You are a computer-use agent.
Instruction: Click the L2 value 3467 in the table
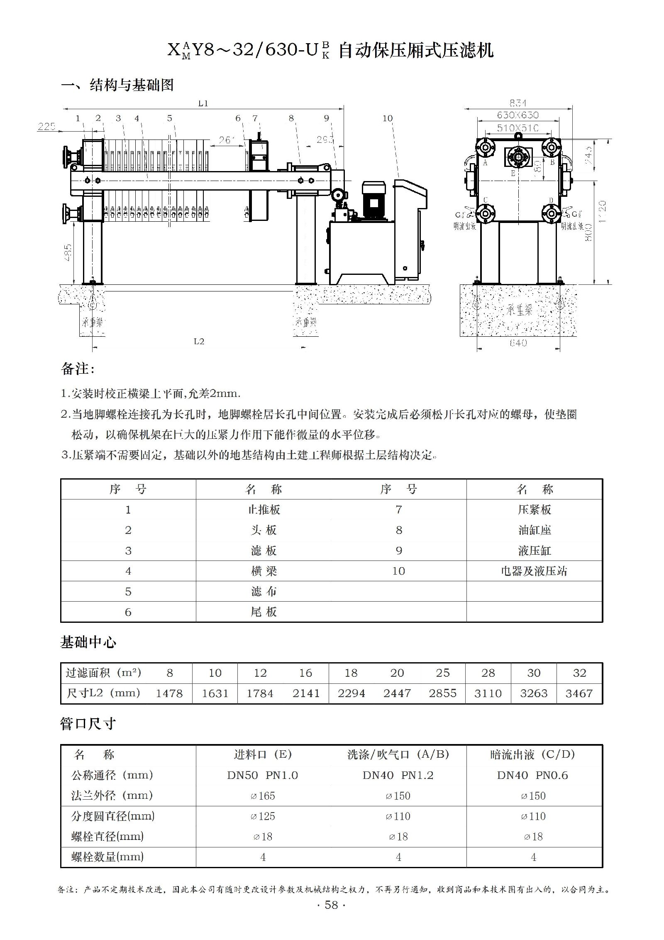click(579, 693)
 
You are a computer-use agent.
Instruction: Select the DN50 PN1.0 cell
click(262, 775)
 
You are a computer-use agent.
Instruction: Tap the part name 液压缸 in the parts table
click(534, 551)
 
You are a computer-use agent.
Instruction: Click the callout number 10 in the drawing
click(387, 119)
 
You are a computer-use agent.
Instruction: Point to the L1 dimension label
click(203, 103)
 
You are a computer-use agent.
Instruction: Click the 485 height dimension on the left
click(68, 252)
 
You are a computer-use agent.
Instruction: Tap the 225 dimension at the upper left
click(46, 126)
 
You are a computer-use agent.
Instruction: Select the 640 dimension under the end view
click(518, 343)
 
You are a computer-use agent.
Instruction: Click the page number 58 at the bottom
click(331, 916)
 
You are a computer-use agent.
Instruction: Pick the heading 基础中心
click(88, 642)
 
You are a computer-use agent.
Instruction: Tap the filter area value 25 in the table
click(442, 673)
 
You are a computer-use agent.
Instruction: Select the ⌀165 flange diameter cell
click(263, 796)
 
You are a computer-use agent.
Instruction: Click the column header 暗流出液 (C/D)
click(533, 754)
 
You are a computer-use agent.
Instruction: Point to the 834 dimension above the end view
click(518, 103)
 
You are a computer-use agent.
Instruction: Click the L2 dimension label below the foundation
click(199, 341)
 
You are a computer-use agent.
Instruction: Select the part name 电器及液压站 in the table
click(534, 571)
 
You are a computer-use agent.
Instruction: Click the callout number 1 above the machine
click(78, 118)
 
